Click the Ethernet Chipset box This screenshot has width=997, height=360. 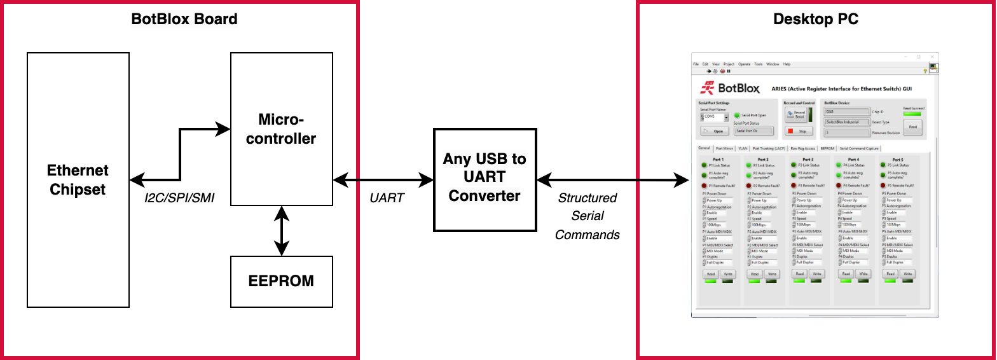(78, 179)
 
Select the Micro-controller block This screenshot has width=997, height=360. (281, 129)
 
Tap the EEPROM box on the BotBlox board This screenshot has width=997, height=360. (281, 281)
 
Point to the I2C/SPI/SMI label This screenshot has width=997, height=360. (181, 198)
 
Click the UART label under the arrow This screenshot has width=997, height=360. (387, 198)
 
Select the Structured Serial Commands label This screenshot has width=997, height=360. (587, 216)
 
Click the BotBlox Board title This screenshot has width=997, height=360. (184, 19)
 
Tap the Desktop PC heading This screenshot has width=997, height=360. (815, 19)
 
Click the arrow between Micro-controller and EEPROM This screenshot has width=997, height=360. (281, 231)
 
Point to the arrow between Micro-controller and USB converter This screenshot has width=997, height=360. (383, 181)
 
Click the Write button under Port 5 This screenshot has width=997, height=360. (907, 273)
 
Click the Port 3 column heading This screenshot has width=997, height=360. (808, 160)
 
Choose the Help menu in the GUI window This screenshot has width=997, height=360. (787, 64)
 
